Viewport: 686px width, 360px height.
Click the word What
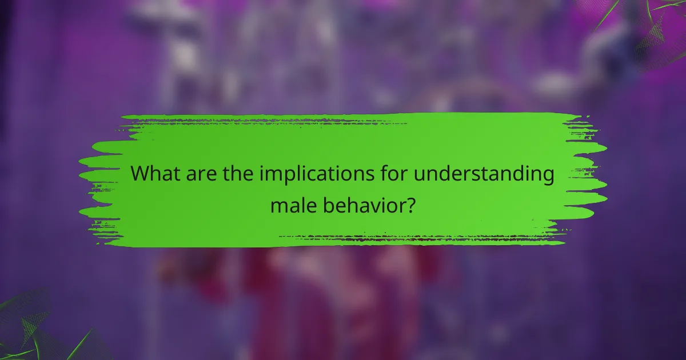153,174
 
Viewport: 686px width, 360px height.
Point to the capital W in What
141,174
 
